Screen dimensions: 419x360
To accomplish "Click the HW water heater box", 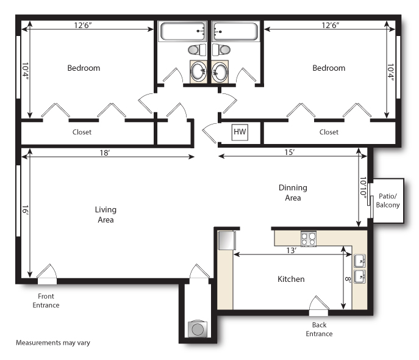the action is click(240, 132).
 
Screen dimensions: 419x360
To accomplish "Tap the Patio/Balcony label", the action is click(387, 201).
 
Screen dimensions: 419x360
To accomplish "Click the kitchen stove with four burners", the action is click(309, 239).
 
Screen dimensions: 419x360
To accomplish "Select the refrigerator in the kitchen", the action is click(227, 240).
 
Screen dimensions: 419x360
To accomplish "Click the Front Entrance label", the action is click(46, 301).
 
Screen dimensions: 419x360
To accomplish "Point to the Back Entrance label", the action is click(319, 329).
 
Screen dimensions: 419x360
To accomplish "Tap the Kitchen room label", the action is click(291, 279).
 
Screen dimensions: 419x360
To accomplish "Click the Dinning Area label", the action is click(293, 193).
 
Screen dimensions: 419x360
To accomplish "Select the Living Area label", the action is click(106, 215).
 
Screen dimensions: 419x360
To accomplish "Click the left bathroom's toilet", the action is click(197, 49).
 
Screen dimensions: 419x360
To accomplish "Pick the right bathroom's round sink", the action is click(220, 71).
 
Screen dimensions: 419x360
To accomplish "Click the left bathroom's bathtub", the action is click(182, 31).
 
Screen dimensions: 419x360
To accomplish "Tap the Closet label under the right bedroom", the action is click(329, 132).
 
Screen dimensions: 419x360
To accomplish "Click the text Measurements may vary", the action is click(53, 343).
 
